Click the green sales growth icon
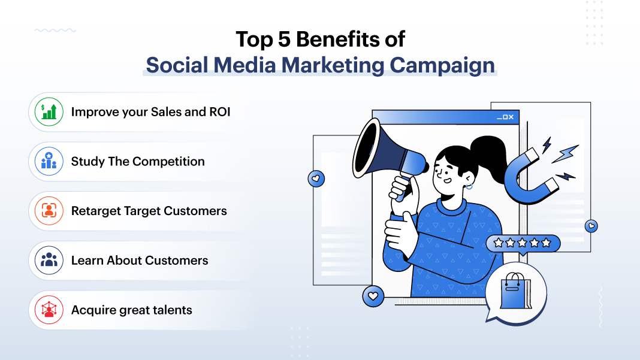(49, 112)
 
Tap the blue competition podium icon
(49, 162)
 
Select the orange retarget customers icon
(49, 211)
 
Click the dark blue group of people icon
(49, 261)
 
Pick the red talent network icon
(49, 310)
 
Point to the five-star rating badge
(523, 243)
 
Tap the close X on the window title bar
(511, 117)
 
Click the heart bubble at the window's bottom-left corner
(373, 296)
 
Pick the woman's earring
(469, 186)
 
